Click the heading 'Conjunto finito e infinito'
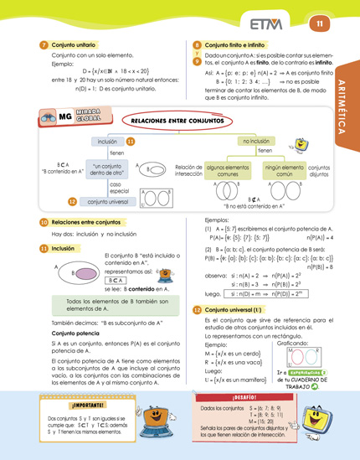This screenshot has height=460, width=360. [241, 44]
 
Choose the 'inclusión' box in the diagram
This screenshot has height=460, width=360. [106, 142]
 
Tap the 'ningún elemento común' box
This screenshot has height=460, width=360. [284, 171]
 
